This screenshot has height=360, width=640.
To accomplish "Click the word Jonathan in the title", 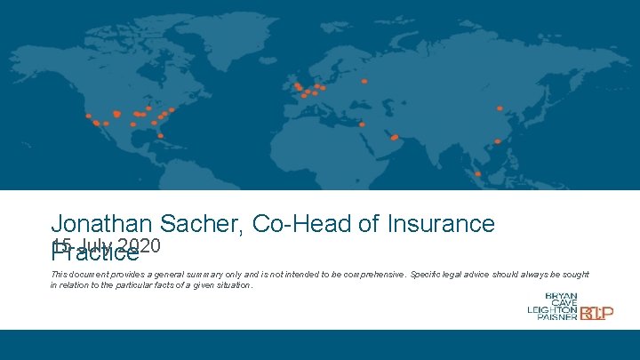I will coord(101,224).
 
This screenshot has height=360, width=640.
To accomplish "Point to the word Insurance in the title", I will coord(441,224).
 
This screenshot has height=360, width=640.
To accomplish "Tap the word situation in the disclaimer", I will coord(234,286).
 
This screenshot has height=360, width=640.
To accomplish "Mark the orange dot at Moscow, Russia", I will coord(364,81).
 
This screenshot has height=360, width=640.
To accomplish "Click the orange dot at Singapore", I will coord(477,173).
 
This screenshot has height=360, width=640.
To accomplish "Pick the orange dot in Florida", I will coord(160,136).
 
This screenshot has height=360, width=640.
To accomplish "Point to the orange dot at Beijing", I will coord(500,108).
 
